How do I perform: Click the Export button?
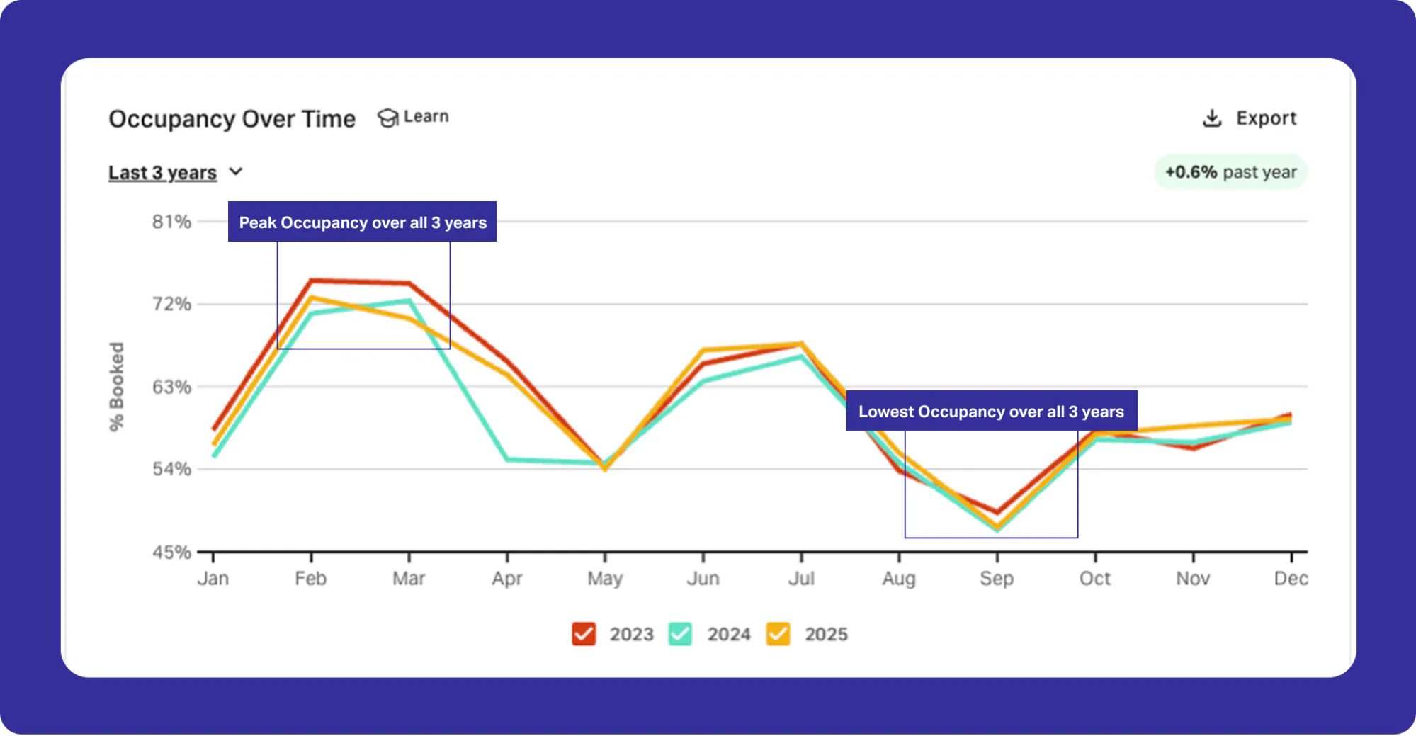click(1250, 118)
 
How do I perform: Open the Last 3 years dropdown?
click(176, 172)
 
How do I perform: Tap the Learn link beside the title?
click(413, 117)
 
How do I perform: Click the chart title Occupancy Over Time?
click(232, 119)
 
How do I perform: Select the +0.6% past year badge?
click(1230, 172)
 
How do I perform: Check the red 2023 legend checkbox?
click(584, 634)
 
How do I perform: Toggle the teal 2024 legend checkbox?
click(680, 634)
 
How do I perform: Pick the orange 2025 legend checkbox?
click(778, 634)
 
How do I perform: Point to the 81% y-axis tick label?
click(171, 222)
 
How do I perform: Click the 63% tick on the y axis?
click(171, 387)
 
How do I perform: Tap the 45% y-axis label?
click(171, 552)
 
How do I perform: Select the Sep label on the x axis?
click(997, 579)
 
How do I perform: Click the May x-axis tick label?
click(605, 579)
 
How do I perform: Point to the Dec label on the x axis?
click(1291, 579)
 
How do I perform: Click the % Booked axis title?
click(116, 387)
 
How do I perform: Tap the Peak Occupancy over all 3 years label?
click(362, 222)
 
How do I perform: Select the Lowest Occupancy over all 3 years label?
click(992, 411)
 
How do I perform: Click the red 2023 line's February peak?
click(311, 281)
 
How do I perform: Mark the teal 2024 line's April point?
click(507, 460)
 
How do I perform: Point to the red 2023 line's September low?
click(997, 512)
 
